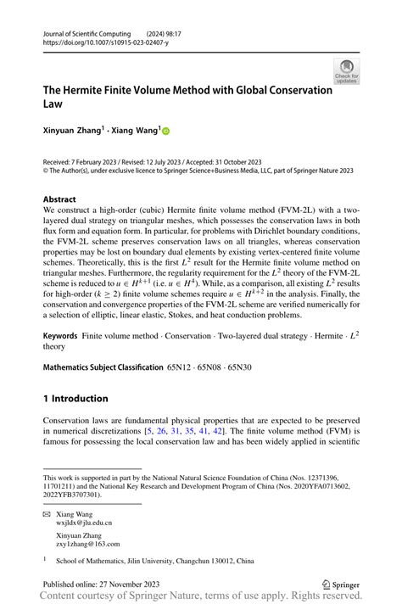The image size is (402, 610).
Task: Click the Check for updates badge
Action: [346, 70]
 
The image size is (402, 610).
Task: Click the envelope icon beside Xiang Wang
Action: [47, 515]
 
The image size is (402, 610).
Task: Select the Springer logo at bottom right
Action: [342, 585]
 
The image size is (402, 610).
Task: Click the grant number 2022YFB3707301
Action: [72, 495]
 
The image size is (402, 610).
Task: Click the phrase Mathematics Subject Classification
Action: [103, 367]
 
